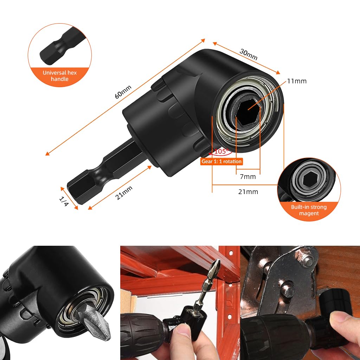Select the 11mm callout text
[296, 81]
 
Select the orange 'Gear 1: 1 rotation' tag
[221, 161]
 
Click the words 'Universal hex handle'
[59, 76]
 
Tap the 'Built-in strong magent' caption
[309, 210]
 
